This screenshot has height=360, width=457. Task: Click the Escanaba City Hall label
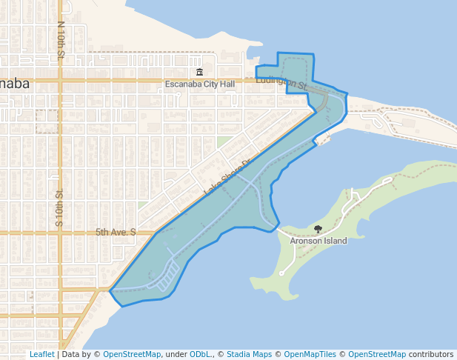(199, 84)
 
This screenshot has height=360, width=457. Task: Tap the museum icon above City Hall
(199, 72)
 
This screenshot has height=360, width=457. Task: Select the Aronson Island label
(318, 241)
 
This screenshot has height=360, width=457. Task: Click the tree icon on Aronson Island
(318, 230)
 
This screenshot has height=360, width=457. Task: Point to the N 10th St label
(61, 41)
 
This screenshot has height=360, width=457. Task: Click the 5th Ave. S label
(116, 232)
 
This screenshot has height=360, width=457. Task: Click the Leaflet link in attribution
(41, 354)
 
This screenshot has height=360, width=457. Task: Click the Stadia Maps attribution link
(249, 354)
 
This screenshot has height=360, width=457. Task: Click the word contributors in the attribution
(430, 354)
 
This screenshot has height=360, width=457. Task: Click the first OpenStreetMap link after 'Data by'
(131, 354)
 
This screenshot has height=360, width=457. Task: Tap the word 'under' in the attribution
(176, 354)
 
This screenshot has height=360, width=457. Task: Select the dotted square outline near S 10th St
(47, 121)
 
